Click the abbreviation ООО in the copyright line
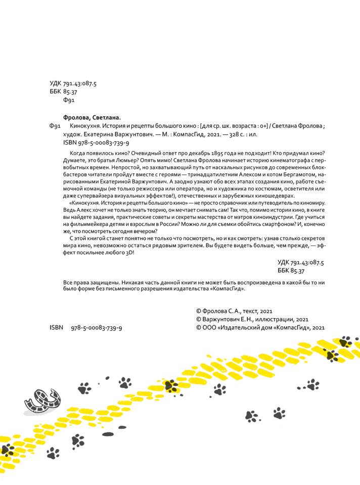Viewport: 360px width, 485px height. (209, 327)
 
